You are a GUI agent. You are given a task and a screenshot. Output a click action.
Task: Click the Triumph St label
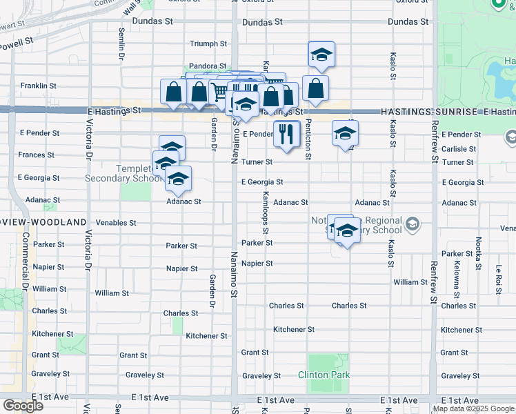coord(208,43)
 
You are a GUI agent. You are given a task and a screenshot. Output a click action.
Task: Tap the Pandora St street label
coord(208,66)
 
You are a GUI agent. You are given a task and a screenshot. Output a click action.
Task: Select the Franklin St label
coord(38,86)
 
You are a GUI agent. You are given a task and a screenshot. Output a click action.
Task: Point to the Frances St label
coord(37,155)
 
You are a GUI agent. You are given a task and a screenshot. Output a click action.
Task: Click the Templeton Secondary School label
coord(117,173)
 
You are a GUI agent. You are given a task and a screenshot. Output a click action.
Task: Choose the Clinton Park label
coord(324,375)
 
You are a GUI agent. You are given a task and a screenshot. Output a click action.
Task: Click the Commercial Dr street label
coord(25,263)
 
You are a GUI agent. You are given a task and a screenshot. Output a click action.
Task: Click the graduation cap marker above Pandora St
coord(321,55)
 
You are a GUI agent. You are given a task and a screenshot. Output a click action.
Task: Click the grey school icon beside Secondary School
coord(412,223)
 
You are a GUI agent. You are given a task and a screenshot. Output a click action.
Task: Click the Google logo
coord(23,406)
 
